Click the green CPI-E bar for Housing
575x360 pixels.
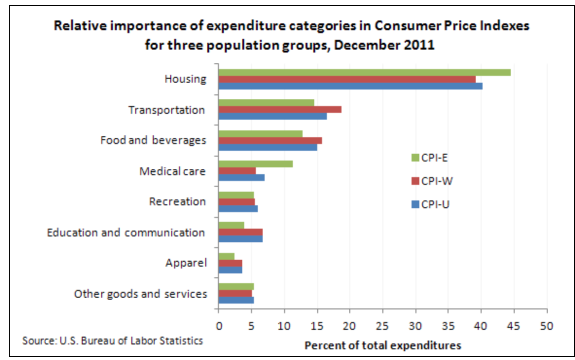364,72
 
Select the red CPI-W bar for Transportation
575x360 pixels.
280,109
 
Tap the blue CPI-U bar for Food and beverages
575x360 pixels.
268,147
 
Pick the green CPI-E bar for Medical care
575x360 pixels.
255,164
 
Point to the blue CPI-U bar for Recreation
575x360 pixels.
238,209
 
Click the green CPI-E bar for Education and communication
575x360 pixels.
231,225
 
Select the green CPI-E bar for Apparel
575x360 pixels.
226,256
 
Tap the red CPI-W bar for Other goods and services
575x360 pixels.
235,293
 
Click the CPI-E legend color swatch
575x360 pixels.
415,158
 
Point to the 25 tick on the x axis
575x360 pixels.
383,324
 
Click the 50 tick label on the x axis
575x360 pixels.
547,324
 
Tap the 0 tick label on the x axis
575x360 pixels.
218,324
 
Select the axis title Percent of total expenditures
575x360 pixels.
382,345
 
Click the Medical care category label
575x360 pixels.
172,171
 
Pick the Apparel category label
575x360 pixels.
186,263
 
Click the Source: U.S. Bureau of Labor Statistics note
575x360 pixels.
112,340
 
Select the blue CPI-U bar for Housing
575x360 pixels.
350,86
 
